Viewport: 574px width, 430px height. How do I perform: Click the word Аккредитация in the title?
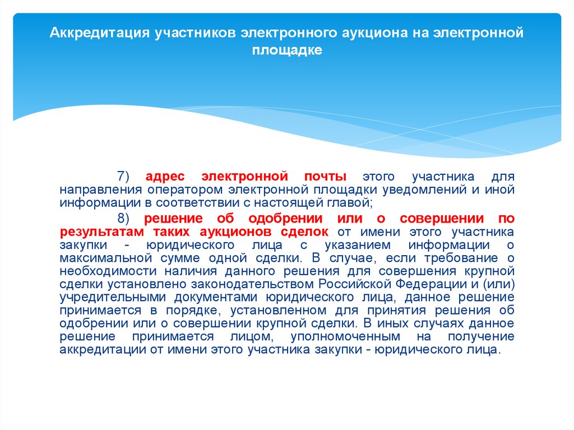(100, 33)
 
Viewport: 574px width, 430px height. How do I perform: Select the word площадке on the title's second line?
(287, 50)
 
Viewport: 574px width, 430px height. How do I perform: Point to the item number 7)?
(123, 176)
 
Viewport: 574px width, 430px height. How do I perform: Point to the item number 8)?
(123, 218)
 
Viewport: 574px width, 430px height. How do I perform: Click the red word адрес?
(165, 177)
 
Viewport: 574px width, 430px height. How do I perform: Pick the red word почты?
(325, 177)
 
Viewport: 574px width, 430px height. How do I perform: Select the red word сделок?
(304, 232)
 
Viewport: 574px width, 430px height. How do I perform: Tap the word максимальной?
(106, 258)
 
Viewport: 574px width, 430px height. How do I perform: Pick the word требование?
(461, 258)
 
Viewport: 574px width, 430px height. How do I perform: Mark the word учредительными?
(113, 297)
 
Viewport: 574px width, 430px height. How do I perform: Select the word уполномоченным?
(345, 337)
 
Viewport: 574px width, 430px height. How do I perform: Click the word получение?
(481, 337)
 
